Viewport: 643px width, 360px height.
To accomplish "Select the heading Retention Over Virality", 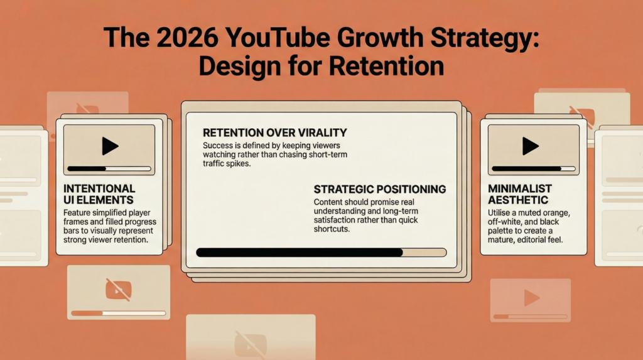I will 274,133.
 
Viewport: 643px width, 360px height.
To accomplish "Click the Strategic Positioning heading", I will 379,188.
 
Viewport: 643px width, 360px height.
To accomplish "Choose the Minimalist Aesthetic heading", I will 520,194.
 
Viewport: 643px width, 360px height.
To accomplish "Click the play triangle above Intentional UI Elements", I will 110,146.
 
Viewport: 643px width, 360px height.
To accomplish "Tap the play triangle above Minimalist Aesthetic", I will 530,146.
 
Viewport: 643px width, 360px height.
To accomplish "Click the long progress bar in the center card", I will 321,253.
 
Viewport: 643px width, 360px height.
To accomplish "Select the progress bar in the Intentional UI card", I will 109,168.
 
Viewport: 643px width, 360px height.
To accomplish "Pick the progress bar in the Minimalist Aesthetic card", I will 532,168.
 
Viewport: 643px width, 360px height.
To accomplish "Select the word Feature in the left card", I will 77,213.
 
